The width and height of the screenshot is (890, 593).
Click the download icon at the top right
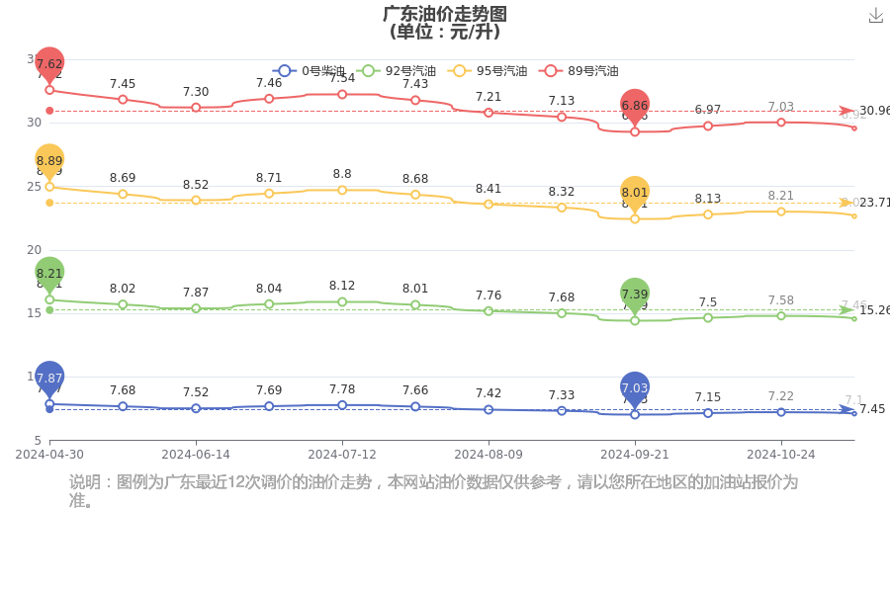coord(875,16)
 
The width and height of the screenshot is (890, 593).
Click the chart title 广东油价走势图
coord(445,14)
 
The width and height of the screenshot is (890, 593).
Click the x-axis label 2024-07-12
coord(342,455)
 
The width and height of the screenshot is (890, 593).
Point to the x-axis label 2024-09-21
coord(635,455)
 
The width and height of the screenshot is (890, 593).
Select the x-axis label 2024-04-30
coord(49,455)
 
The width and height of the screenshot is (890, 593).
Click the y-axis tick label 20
coord(34,250)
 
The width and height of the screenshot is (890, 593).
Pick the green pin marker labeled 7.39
coord(635,295)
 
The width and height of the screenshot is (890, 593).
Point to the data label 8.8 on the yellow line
coord(342,174)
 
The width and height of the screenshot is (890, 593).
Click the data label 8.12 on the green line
coord(342,286)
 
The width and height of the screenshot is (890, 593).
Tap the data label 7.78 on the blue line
coord(342,389)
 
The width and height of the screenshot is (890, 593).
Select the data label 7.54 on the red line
coord(342,78)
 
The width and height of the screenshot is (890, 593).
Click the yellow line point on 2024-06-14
coord(196,200)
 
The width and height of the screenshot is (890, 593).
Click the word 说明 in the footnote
coord(86,482)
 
